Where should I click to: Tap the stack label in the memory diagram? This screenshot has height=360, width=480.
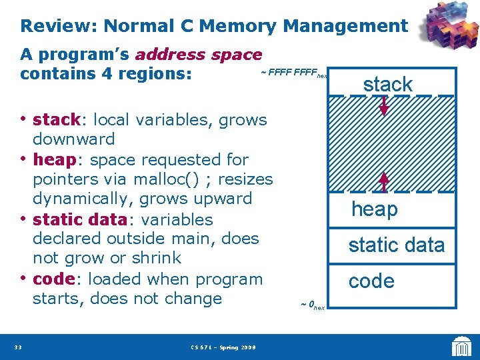click(387, 85)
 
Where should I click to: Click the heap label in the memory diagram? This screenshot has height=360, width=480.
click(375, 209)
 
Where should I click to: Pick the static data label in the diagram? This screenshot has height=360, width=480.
click(396, 245)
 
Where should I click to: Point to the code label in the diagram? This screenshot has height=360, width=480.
click(371, 281)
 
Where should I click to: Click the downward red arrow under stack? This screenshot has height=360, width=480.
click(385, 106)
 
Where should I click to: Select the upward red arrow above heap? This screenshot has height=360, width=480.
click(385, 183)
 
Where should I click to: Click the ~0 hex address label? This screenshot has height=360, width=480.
click(312, 305)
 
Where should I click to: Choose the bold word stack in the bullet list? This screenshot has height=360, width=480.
click(57, 121)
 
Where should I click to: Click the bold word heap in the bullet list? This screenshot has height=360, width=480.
click(53, 160)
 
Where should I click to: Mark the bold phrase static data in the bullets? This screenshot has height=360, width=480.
click(79, 219)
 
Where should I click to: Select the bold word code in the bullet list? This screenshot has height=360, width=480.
click(53, 279)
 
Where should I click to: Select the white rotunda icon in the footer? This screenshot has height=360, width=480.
click(462, 346)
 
